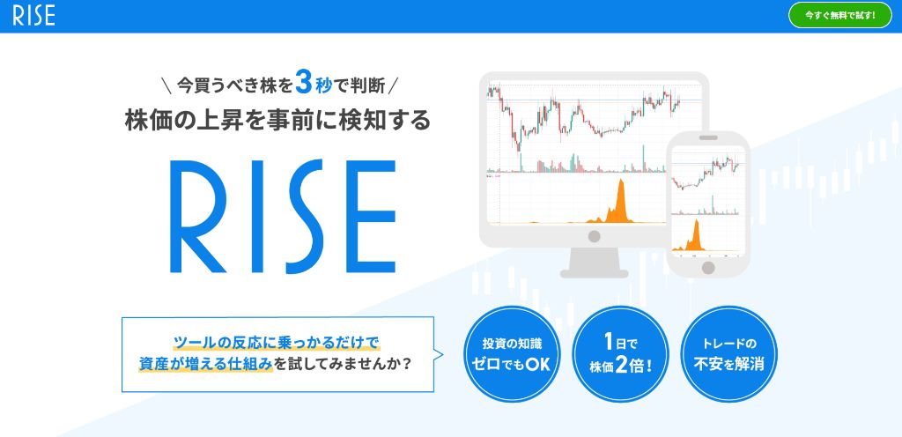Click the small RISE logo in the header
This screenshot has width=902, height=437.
(x=34, y=16)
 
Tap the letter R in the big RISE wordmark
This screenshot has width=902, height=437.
(x=198, y=216)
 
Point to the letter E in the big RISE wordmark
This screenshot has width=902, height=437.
(x=371, y=216)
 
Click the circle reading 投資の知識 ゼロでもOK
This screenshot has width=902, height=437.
(x=512, y=353)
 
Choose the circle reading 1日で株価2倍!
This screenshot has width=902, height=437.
(x=620, y=353)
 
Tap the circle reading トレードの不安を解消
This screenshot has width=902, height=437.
(x=728, y=353)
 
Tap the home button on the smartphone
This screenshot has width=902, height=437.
(x=709, y=267)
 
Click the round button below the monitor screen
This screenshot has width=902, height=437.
(x=595, y=236)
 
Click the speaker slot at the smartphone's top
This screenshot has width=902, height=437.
(x=708, y=137)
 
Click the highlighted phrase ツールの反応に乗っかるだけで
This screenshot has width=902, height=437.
(x=277, y=344)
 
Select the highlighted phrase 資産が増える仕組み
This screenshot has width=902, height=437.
(x=205, y=365)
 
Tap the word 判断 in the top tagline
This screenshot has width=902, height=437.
(x=367, y=85)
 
